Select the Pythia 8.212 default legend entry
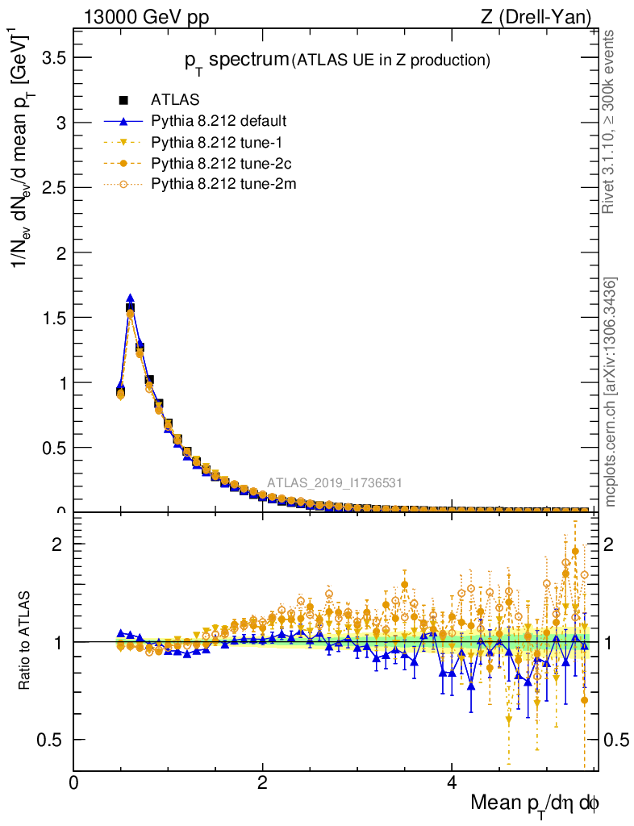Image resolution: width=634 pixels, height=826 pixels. point(219,121)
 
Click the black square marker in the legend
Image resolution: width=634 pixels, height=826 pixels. point(123,100)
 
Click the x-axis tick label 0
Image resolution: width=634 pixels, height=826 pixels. point(74,782)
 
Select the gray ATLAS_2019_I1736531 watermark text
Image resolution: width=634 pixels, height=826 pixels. point(335,483)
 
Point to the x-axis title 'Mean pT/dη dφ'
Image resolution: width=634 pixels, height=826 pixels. point(535,803)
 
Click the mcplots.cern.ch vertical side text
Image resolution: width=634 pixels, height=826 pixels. point(611,391)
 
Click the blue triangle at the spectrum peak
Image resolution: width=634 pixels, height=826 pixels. point(130,298)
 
